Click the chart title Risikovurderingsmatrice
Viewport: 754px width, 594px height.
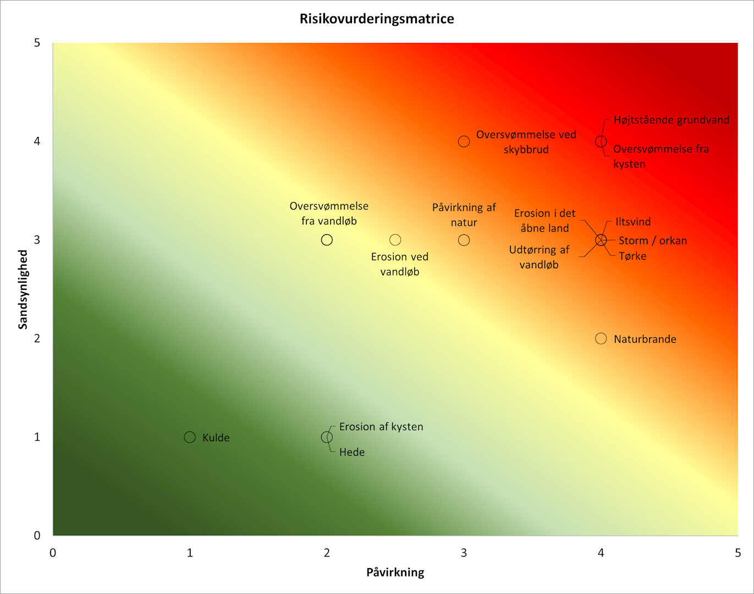[377, 19]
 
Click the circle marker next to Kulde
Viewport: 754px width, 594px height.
[190, 437]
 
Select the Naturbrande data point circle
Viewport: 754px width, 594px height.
[601, 339]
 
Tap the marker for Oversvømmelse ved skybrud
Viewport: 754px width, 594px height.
[464, 141]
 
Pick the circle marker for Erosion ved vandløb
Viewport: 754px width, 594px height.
[395, 240]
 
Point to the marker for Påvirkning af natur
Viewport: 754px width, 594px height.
[464, 240]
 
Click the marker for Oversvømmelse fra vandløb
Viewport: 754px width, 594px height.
[327, 240]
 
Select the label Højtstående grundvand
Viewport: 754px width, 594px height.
[672, 120]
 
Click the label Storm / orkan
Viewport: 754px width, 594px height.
[653, 240]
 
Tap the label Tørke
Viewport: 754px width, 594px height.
[632, 256]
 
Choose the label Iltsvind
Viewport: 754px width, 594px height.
[633, 222]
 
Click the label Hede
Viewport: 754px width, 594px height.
[352, 452]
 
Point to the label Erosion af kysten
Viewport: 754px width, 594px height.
[381, 427]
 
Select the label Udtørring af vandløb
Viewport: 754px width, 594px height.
[539, 257]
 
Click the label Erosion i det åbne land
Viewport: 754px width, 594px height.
[544, 221]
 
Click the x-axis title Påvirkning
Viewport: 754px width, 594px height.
[395, 573]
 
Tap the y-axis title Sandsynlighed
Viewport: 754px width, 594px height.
[23, 289]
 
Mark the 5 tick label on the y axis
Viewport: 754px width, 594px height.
[37, 43]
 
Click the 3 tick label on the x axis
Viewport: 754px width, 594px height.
[464, 553]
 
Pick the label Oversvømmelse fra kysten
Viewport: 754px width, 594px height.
[661, 156]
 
